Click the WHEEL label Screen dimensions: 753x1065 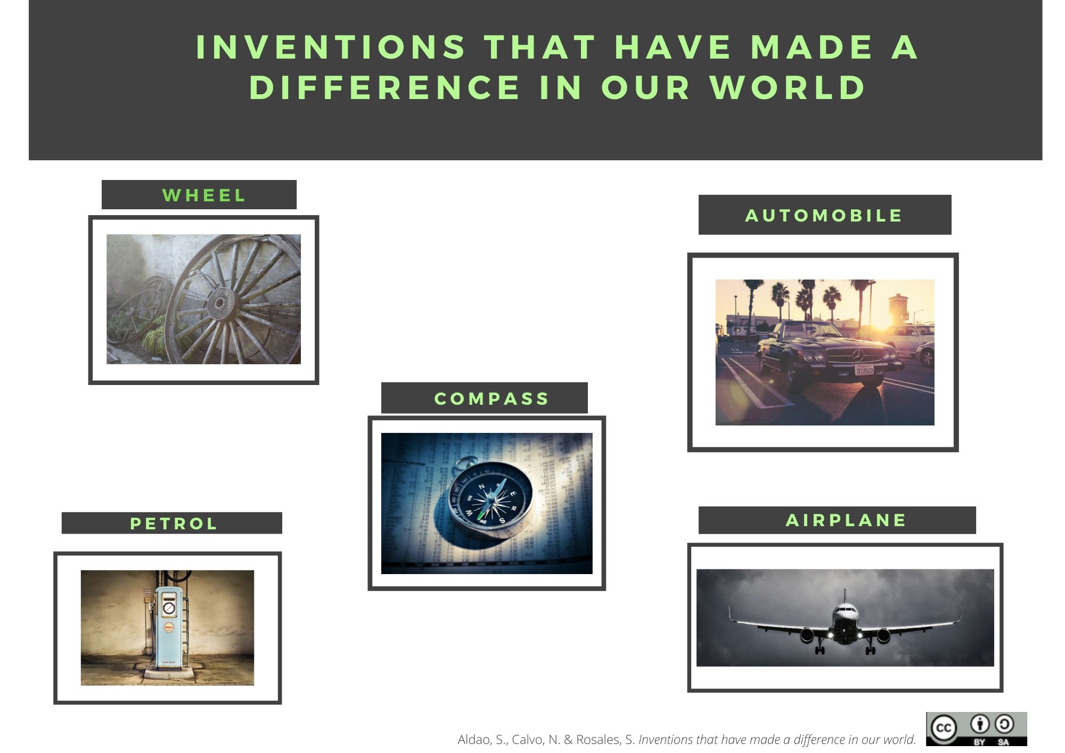pyautogui.click(x=204, y=195)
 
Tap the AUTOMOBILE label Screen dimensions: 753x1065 pyautogui.click(x=823, y=216)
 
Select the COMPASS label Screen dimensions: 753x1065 pyautogui.click(x=491, y=399)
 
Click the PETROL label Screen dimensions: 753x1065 pyautogui.click(x=174, y=523)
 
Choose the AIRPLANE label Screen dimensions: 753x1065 pyautogui.click(x=846, y=520)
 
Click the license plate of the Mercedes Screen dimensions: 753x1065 pyautogui.click(x=864, y=370)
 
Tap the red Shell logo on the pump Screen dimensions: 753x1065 pyautogui.click(x=169, y=628)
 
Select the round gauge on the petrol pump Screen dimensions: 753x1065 pyautogui.click(x=169, y=608)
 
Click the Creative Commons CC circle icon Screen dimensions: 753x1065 pyautogui.click(x=944, y=728)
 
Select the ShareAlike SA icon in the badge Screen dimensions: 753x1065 pyautogui.click(x=1004, y=725)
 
